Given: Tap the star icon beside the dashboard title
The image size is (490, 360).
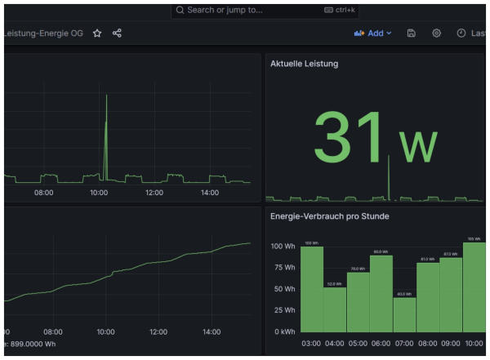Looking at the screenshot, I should [97, 33].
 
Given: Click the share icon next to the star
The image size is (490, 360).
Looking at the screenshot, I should [117, 33].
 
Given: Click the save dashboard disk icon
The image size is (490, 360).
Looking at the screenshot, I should [412, 33].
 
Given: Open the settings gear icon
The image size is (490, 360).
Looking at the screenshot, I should [437, 33].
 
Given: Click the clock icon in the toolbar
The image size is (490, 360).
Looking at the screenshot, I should [461, 33].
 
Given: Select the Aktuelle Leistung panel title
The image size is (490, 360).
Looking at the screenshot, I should [304, 64].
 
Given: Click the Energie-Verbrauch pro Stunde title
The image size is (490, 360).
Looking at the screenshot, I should [329, 216].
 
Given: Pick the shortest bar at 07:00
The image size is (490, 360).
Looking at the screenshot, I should [404, 314].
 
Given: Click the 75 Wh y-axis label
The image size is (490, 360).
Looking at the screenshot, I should [283, 267].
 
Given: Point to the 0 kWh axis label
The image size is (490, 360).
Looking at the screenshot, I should [282, 331].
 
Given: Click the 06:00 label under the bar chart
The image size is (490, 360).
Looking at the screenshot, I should [381, 344].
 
